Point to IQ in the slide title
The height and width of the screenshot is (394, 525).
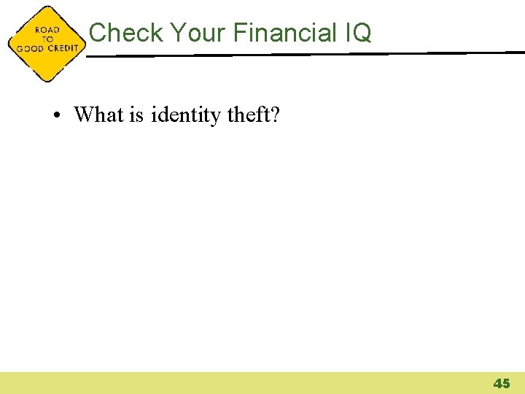coord(356,32)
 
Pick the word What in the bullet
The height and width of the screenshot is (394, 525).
coord(99,115)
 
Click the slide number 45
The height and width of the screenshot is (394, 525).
coord(502,383)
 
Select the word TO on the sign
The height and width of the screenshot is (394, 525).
coord(47,39)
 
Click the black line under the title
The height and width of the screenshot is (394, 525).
coord(306,53)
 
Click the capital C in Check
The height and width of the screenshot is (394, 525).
coord(98,32)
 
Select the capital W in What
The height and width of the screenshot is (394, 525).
coord(84,115)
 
